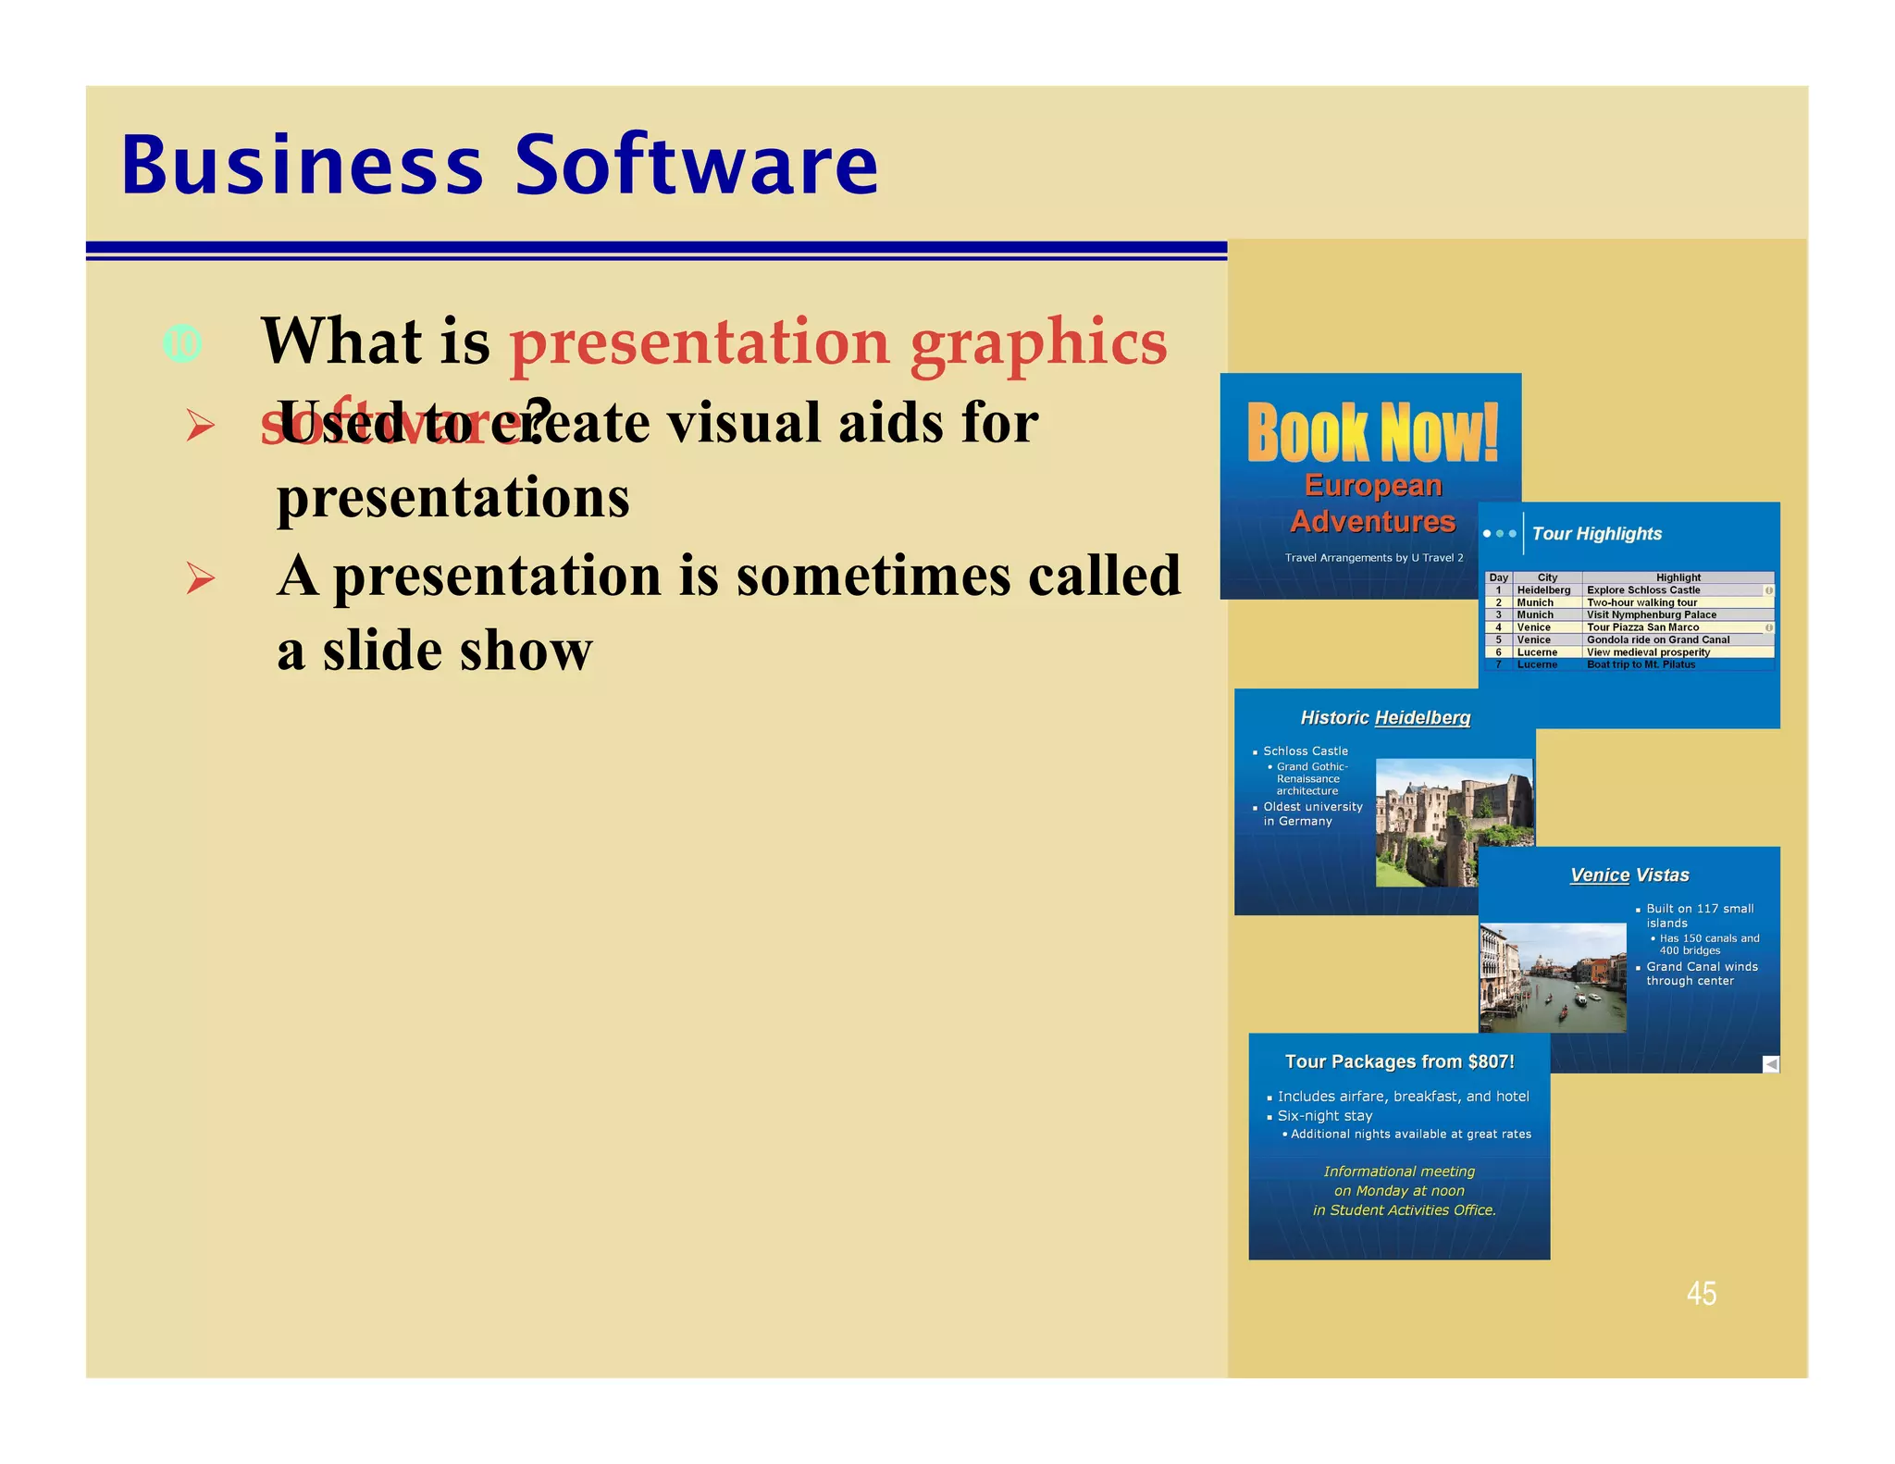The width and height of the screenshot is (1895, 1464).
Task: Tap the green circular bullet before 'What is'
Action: [182, 344]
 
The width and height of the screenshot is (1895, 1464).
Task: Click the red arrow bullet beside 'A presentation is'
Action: [201, 578]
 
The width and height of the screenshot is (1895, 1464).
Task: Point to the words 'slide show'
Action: [457, 651]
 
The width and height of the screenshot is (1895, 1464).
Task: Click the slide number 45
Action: [1701, 1293]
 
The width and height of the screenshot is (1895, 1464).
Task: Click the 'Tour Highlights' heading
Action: [1596, 534]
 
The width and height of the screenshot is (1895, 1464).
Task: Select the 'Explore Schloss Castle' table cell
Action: [1643, 590]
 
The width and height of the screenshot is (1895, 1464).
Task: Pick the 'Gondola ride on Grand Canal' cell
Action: [1657, 639]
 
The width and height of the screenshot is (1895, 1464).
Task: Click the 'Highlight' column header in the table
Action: [1678, 577]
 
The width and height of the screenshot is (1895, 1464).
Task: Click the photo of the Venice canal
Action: [1552, 977]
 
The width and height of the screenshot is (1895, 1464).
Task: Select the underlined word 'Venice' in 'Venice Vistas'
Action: [1599, 875]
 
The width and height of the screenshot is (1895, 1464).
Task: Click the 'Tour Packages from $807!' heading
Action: [1399, 1061]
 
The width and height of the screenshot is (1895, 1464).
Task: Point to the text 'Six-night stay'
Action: [1324, 1116]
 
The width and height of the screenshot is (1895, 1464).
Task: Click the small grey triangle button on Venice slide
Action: [1770, 1064]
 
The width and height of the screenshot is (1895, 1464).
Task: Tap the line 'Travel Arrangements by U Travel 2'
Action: [1373, 558]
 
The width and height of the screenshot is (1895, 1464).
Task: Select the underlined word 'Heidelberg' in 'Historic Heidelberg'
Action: [1422, 718]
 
